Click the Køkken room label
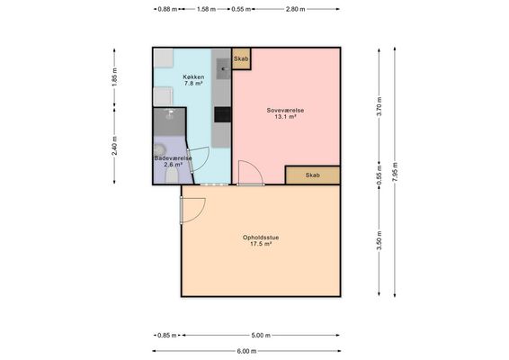(x=193, y=77)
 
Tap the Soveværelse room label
(x=285, y=110)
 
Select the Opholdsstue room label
(x=261, y=238)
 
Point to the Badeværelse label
(x=173, y=158)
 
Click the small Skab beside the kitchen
(x=241, y=58)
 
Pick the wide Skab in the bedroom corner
(x=313, y=175)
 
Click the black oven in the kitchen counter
(x=222, y=114)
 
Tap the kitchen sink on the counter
(x=223, y=69)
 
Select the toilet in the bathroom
(x=172, y=175)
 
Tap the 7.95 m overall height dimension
(x=395, y=172)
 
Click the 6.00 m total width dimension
(x=246, y=351)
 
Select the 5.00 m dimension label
(x=261, y=335)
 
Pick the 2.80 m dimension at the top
(x=295, y=9)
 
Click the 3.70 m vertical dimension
(x=379, y=106)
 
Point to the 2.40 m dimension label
(x=114, y=146)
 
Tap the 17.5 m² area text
(x=261, y=244)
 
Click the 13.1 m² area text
(x=285, y=116)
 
